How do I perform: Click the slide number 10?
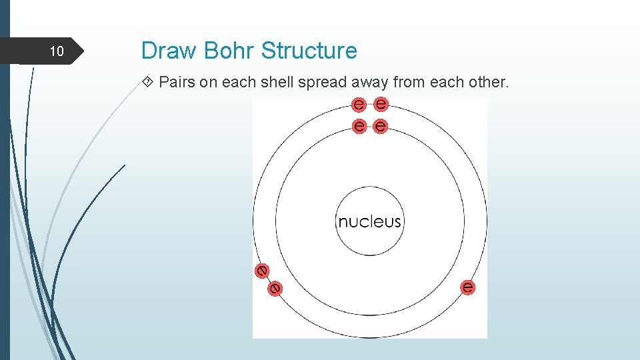[x=57, y=51]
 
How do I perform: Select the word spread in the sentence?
[x=319, y=83]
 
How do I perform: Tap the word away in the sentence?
[x=367, y=83]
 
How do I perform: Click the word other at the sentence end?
[x=490, y=83]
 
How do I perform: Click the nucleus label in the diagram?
[x=369, y=221]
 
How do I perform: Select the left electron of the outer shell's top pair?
[x=359, y=104]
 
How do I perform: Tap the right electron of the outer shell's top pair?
[x=381, y=104]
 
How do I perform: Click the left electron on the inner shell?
[x=359, y=125]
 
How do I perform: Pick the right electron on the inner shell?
[x=381, y=125]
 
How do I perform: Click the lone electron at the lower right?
[x=468, y=287]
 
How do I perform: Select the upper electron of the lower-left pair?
[x=262, y=271]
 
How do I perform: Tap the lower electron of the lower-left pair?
[x=275, y=288]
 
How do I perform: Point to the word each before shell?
[x=242, y=83]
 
